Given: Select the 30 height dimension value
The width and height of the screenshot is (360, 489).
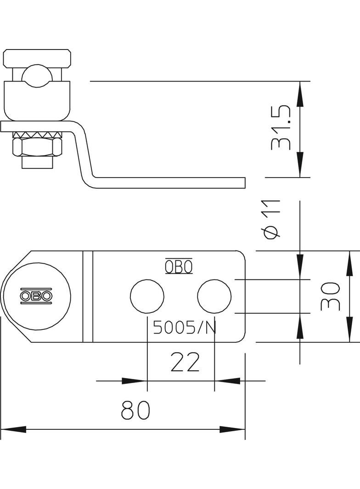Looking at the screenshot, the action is [330, 296].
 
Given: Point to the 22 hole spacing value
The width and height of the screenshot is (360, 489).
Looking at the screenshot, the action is [185, 362].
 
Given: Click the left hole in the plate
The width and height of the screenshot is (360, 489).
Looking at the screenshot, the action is [147, 296].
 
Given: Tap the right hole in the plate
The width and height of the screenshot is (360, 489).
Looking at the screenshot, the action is [214, 296].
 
